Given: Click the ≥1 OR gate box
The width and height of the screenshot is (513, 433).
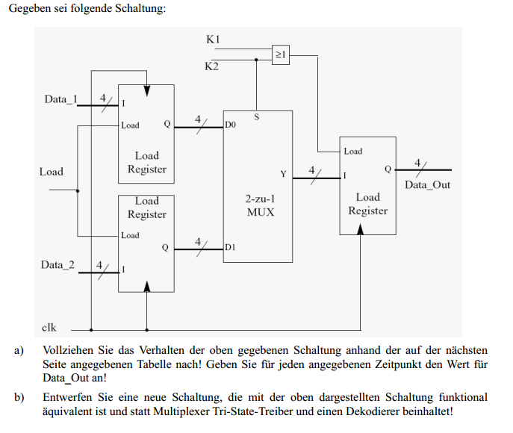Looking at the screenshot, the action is click(280, 54).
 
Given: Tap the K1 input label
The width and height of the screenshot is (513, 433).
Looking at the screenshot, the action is click(213, 40).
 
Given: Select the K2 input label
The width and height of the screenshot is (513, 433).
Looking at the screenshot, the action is click(211, 66).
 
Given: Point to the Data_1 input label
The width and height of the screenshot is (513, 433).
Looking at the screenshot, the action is click(60, 99).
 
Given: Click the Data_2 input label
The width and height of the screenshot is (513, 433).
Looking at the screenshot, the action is click(57, 264).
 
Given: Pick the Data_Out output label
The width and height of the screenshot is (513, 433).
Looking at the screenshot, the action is click(427, 185).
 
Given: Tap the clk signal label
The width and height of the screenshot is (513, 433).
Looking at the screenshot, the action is click(49, 328).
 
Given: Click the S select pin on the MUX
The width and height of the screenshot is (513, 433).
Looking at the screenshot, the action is click(257, 116).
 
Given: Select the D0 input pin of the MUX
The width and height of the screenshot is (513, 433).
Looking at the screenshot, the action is click(230, 125).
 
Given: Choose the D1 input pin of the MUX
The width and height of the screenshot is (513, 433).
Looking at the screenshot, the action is click(230, 247).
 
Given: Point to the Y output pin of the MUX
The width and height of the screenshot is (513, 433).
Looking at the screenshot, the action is click(283, 174).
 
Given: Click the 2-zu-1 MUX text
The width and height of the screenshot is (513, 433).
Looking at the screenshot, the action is click(261, 205).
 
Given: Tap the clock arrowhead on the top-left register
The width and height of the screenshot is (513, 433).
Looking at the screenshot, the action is click(147, 91).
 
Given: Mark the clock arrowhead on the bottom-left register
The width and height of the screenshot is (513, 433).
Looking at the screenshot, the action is click(147, 287).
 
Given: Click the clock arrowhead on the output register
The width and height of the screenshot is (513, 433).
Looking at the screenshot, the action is click(360, 229).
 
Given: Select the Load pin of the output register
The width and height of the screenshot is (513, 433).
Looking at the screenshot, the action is click(353, 151).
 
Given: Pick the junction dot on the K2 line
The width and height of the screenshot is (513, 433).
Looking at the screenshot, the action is click(256, 60).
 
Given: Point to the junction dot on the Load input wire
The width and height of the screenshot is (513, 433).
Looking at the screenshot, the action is click(78, 191).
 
